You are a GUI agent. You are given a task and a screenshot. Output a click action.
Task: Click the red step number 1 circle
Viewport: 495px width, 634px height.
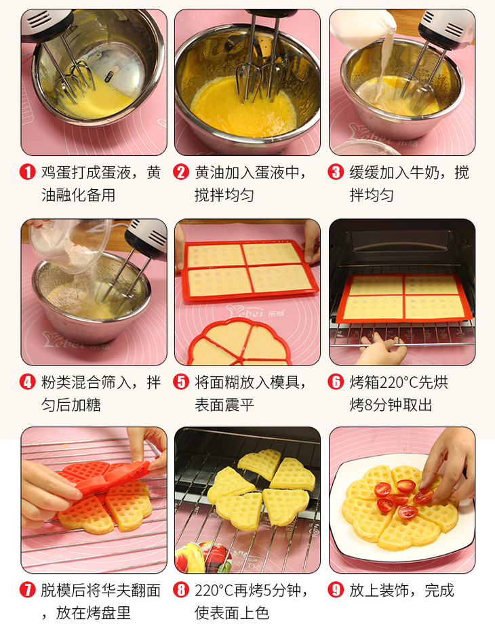point(28,172)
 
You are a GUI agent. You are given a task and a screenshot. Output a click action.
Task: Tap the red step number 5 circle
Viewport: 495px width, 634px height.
point(181,382)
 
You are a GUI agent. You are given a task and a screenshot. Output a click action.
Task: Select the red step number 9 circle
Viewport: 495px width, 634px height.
point(336,590)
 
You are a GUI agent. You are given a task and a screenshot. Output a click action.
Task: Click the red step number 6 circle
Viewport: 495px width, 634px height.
point(336,382)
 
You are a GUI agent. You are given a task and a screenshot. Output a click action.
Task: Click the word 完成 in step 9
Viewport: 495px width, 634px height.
point(439,591)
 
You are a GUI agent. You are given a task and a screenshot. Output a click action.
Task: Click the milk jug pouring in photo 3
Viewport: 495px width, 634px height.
point(362,28)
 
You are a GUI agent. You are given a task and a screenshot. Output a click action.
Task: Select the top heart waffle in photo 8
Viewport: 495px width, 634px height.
point(260,464)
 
